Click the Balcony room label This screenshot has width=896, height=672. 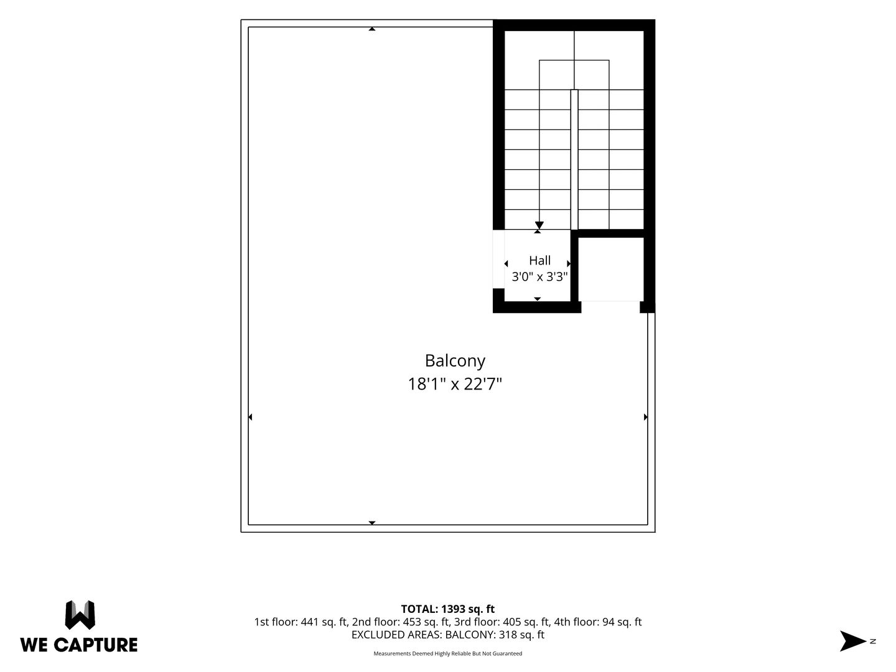(x=455, y=361)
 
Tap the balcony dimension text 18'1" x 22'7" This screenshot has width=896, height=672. (x=455, y=384)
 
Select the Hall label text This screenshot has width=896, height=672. (x=539, y=260)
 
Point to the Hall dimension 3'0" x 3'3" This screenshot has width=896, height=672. (x=539, y=277)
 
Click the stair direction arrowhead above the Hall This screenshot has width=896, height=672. (x=539, y=225)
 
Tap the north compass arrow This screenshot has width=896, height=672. (x=852, y=641)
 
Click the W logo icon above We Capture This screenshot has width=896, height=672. (x=80, y=615)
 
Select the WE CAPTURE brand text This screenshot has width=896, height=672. (x=79, y=645)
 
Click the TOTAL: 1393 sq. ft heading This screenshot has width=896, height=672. (x=448, y=609)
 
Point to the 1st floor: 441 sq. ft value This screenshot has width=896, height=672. (x=301, y=622)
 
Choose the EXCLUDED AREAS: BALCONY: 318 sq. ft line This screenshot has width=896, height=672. (x=448, y=635)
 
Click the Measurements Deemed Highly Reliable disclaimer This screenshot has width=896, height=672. (x=448, y=653)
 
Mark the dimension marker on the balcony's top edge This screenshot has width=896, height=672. (x=372, y=29)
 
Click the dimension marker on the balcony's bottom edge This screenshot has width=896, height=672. (x=372, y=523)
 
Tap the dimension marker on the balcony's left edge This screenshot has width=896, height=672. (x=250, y=417)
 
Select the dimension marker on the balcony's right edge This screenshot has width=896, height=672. (x=646, y=417)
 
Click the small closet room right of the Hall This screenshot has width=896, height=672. (x=610, y=269)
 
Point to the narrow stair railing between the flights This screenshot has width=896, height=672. (x=574, y=159)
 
